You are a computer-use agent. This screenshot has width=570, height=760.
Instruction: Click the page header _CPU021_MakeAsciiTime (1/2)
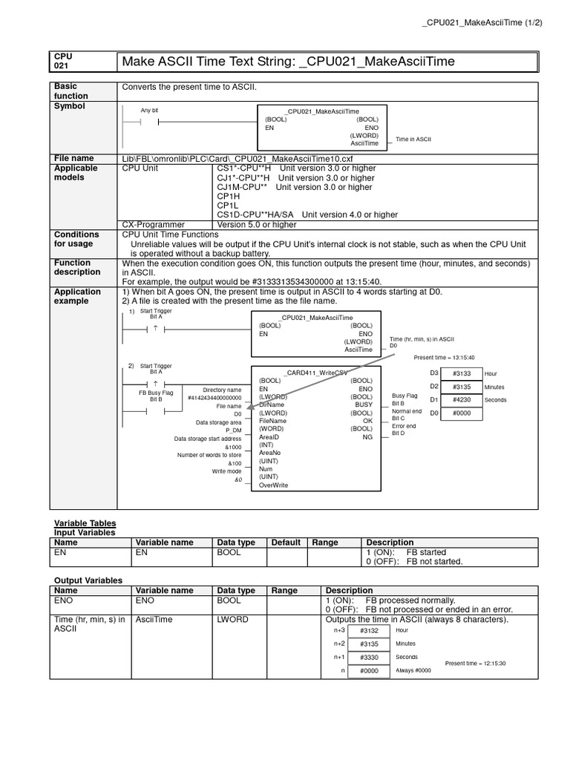tap(482, 22)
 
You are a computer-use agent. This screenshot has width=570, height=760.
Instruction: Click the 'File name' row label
tap(74, 158)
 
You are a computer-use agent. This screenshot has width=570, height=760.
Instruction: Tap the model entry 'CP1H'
tap(227, 196)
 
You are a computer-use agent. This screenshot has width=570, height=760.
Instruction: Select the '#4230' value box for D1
tap(462, 400)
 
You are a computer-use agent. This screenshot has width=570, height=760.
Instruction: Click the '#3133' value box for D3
tap(462, 373)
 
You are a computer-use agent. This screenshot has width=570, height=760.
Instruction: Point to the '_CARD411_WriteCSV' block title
tap(315, 373)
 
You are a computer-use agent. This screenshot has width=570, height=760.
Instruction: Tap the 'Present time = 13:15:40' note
tap(444, 358)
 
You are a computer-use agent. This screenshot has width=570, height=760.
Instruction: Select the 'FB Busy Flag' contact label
tap(156, 391)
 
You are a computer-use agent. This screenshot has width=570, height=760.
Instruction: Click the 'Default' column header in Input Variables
tap(286, 543)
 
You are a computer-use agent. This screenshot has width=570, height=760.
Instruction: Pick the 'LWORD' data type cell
tap(233, 619)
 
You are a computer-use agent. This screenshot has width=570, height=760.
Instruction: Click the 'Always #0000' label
tap(413, 671)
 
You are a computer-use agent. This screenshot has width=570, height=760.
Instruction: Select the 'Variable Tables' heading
tap(85, 523)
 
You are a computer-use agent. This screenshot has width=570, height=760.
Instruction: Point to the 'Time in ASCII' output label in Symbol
tap(413, 139)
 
